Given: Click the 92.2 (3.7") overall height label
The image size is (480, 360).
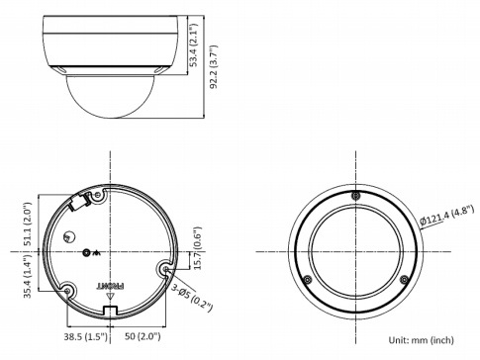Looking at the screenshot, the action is click(214, 66).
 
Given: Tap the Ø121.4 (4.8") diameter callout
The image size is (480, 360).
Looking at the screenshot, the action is click(447, 216).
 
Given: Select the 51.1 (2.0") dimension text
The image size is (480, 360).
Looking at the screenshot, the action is click(28, 224).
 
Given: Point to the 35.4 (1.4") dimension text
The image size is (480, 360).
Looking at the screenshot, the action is click(28, 276).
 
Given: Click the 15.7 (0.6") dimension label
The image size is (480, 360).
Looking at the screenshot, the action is click(197, 248).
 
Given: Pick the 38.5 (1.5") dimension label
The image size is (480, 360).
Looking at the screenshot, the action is click(85, 336).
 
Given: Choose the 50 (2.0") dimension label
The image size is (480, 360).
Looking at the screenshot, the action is click(143, 336).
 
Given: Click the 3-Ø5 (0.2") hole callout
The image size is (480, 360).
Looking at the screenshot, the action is click(192, 298).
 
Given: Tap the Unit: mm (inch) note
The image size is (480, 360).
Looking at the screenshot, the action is click(421, 340).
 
